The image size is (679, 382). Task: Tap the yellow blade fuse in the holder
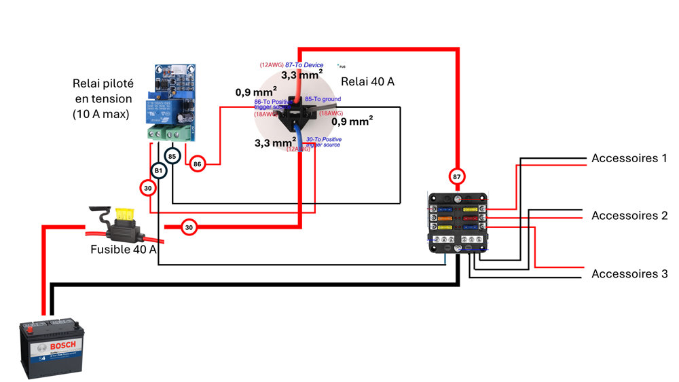pyautogui.click(x=125, y=214)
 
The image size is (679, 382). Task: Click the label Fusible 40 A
pyautogui.click(x=124, y=250)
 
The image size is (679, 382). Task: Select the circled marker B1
pyautogui.click(x=158, y=170)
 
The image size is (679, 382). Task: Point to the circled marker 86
pyautogui.click(x=198, y=164)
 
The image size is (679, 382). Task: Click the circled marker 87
pyautogui.click(x=456, y=176)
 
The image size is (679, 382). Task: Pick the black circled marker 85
pyautogui.click(x=173, y=157)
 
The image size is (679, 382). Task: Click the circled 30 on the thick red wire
pyautogui.click(x=189, y=227)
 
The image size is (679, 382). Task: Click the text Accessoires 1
pyautogui.click(x=629, y=158)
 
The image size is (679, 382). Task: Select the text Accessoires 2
pyautogui.click(x=629, y=216)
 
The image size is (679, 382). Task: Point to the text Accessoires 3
pyautogui.click(x=629, y=274)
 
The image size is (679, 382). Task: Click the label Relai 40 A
pyautogui.click(x=367, y=81)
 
